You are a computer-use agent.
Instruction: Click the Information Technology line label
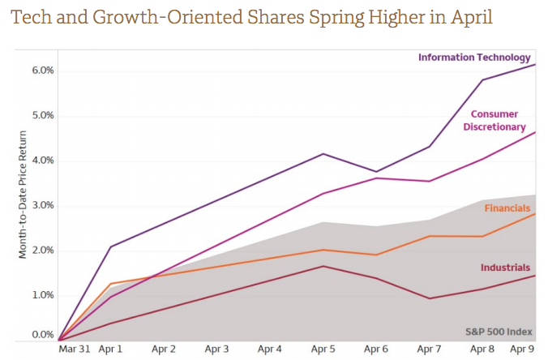(474, 57)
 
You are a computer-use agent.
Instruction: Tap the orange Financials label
(507, 208)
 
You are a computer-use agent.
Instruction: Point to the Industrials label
(506, 267)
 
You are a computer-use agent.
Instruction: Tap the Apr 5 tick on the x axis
(323, 349)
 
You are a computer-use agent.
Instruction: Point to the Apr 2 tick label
(164, 349)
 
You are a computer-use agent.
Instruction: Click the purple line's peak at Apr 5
(323, 154)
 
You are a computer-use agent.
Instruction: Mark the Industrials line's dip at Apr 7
(430, 298)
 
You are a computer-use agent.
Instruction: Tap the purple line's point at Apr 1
(110, 246)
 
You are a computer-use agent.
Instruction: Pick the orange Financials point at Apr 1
(110, 284)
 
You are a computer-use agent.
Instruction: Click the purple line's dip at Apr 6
(376, 172)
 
